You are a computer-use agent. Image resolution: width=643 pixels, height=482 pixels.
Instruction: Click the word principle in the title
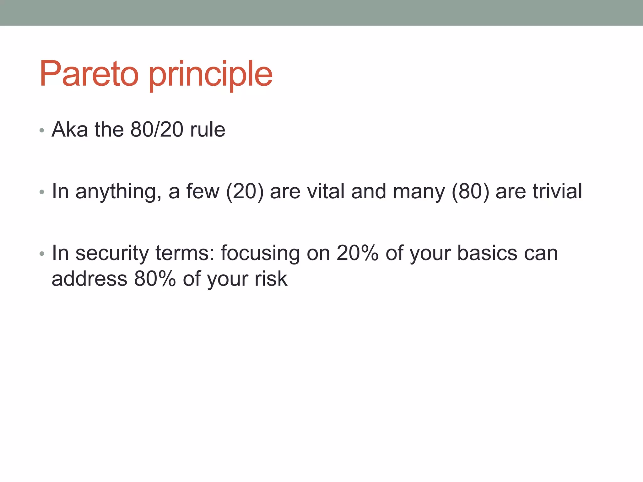click(x=210, y=75)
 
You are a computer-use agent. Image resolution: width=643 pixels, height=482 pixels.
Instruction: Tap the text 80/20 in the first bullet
click(x=157, y=129)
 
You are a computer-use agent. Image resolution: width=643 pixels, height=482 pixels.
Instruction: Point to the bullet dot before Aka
click(x=42, y=130)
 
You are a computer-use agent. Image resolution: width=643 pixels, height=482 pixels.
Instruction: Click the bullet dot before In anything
click(x=42, y=192)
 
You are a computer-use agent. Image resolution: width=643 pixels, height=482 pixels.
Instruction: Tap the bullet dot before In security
click(x=42, y=254)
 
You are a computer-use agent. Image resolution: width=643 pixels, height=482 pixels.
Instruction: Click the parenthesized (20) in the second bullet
click(x=245, y=191)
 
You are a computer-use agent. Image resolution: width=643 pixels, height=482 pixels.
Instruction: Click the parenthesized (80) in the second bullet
click(x=470, y=191)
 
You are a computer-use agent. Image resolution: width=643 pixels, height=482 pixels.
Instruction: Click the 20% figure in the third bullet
click(x=357, y=253)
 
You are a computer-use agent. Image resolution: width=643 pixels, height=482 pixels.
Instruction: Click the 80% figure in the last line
click(x=155, y=279)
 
